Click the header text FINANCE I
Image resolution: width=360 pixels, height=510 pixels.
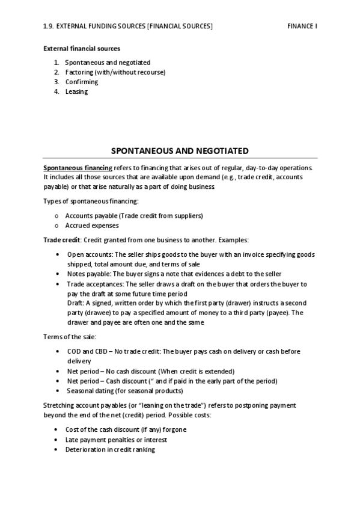click(x=302, y=26)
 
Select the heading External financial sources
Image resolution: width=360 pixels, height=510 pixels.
click(x=82, y=49)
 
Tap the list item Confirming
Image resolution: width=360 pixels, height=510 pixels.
click(x=82, y=82)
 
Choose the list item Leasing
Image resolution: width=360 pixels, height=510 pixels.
click(x=76, y=91)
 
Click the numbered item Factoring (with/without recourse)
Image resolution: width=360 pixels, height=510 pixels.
click(x=115, y=72)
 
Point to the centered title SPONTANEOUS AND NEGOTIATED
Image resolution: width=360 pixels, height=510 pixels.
click(x=180, y=150)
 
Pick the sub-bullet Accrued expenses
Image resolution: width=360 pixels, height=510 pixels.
click(x=92, y=226)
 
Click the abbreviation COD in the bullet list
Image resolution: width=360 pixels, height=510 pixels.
click(x=74, y=351)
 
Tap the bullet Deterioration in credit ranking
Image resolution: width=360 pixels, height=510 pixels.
click(x=110, y=449)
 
